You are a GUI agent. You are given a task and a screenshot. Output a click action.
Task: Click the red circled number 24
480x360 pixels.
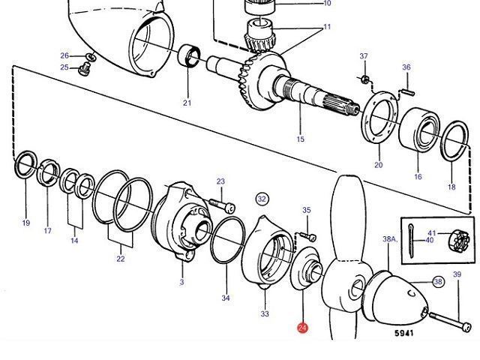(301, 328)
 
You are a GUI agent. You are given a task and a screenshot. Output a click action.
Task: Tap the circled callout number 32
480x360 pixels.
(262, 199)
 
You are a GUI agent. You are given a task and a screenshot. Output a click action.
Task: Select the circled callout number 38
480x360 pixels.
(438, 282)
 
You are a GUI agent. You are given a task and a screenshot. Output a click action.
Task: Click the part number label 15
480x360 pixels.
(301, 139)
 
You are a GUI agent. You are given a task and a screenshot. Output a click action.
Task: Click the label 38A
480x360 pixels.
(389, 239)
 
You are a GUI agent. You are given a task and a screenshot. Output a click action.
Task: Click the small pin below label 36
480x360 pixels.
(409, 92)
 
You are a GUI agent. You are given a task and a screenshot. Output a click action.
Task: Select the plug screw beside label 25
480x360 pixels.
(85, 70)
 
